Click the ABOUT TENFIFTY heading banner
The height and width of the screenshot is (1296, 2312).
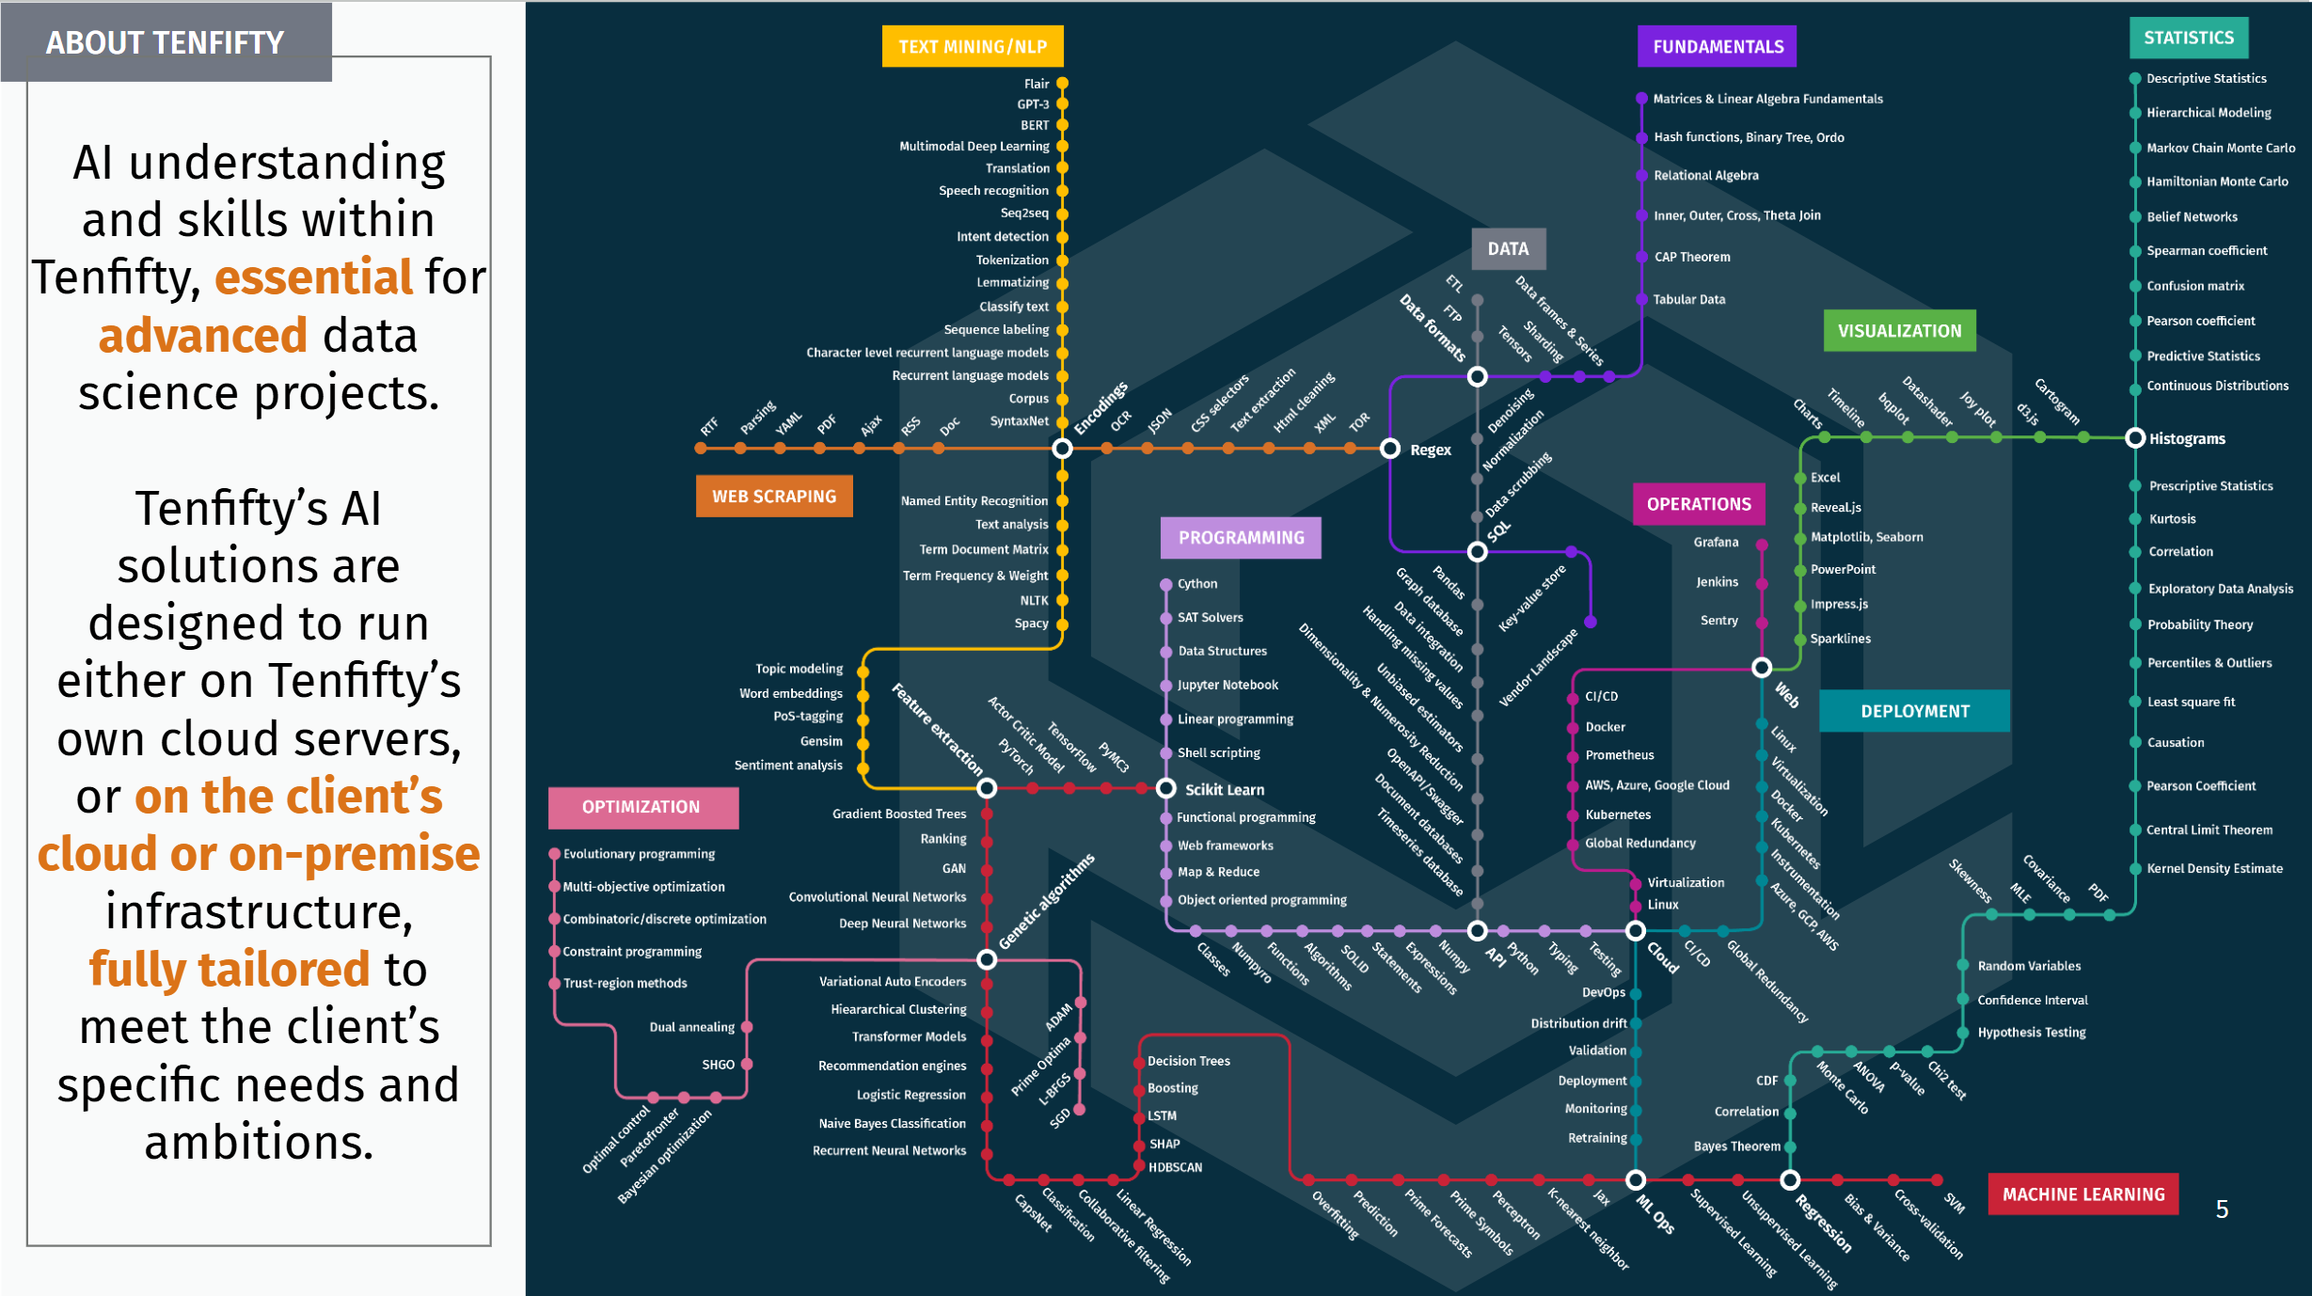pyautogui.click(x=166, y=42)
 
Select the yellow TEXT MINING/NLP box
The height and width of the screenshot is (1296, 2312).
pyautogui.click(x=973, y=46)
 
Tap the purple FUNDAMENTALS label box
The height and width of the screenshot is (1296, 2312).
pyautogui.click(x=1718, y=46)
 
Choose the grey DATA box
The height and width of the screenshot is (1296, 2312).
pyautogui.click(x=1508, y=248)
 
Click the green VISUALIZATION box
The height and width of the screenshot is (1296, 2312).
pyautogui.click(x=1899, y=331)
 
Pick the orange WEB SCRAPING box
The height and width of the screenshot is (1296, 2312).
pyautogui.click(x=774, y=496)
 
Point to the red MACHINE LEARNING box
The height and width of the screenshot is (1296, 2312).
pyautogui.click(x=2083, y=1193)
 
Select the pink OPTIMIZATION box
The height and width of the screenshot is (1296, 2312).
pyautogui.click(x=641, y=807)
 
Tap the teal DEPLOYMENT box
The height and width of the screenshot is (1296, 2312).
pyautogui.click(x=1915, y=711)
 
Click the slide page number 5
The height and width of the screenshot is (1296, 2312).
pyautogui.click(x=2222, y=1209)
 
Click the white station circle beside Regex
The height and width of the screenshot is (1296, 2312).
pyautogui.click(x=1390, y=449)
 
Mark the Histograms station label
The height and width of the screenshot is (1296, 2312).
pyautogui.click(x=2187, y=439)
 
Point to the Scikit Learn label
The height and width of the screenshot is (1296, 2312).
pyautogui.click(x=1225, y=790)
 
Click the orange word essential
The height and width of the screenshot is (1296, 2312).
pyautogui.click(x=314, y=277)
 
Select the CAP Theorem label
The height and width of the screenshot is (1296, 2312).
pyautogui.click(x=1692, y=257)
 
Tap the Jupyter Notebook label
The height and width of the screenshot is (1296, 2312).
pyautogui.click(x=1228, y=685)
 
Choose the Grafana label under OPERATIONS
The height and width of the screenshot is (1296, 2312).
pyautogui.click(x=1716, y=542)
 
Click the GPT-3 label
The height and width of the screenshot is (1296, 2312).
pyautogui.click(x=1033, y=104)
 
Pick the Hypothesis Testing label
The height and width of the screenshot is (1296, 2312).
pyautogui.click(x=2032, y=1032)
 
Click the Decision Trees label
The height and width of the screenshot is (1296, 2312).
pyautogui.click(x=1189, y=1061)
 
